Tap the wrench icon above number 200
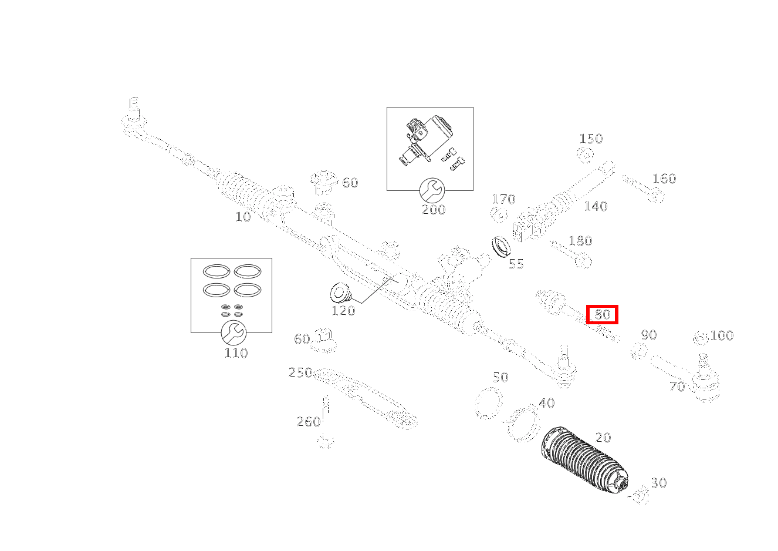tap(432, 190)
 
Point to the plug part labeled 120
tap(339, 292)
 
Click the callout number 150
tap(590, 139)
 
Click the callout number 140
tap(595, 206)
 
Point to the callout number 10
tap(242, 217)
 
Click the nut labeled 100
tap(699, 337)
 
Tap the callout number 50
tap(500, 377)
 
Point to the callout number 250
tap(299, 372)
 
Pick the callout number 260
tap(308, 422)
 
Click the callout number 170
tap(503, 199)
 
